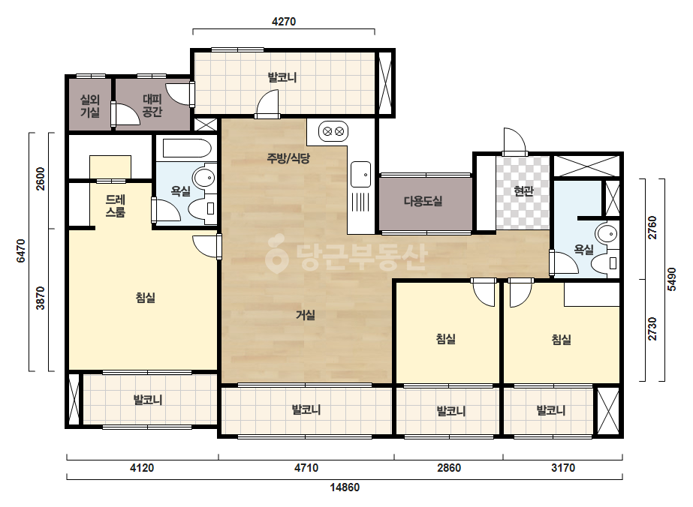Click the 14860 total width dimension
point(345,487)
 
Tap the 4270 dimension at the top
point(284,21)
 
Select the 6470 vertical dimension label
point(21,250)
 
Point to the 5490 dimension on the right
point(672,279)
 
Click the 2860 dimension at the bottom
point(449,467)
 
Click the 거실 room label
point(306,315)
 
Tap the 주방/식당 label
point(288,158)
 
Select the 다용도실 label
point(423,202)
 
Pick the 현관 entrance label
point(523,191)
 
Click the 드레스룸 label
point(116,206)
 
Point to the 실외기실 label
point(89,106)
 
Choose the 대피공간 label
point(152,106)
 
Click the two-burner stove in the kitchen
point(333,131)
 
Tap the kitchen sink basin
point(360,175)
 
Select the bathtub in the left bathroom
point(187,148)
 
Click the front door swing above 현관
point(514,140)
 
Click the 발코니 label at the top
point(282,78)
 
